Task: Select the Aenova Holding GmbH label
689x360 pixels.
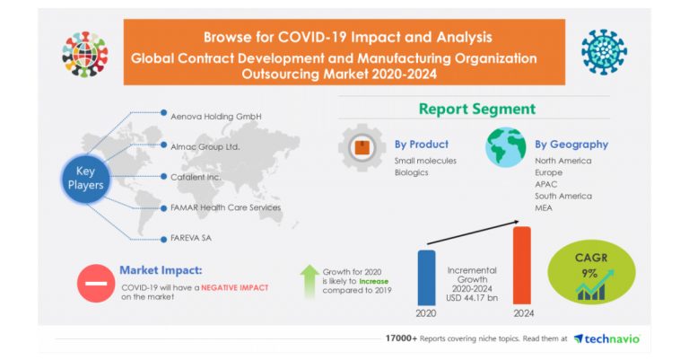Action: (215, 115)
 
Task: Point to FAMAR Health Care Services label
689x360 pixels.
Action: (225, 207)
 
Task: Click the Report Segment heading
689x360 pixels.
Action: (476, 109)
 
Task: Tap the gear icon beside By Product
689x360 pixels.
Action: (362, 148)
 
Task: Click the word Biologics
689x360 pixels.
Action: (412, 171)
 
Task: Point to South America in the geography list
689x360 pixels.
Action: (563, 195)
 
